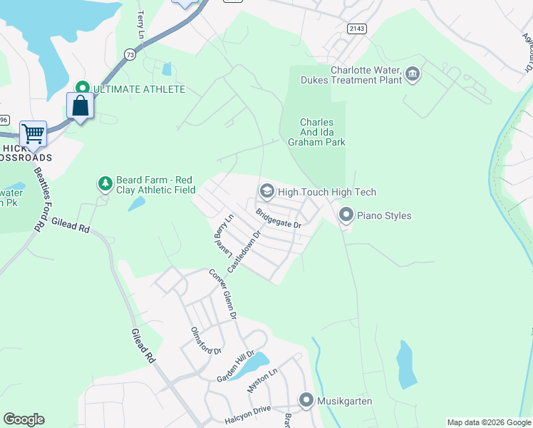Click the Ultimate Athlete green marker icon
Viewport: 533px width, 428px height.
click(81, 88)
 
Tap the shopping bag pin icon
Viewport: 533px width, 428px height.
click(81, 106)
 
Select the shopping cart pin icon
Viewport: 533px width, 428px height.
click(33, 133)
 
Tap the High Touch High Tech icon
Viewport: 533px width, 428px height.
click(266, 191)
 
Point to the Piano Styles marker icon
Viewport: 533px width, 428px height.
click(346, 214)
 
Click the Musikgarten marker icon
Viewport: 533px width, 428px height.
click(306, 400)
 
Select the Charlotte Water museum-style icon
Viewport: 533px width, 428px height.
click(412, 74)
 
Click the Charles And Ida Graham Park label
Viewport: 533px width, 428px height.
click(316, 133)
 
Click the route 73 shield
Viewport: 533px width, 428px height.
click(129, 54)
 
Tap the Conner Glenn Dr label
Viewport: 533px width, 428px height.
click(222, 293)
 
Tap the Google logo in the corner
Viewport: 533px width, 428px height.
click(24, 419)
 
